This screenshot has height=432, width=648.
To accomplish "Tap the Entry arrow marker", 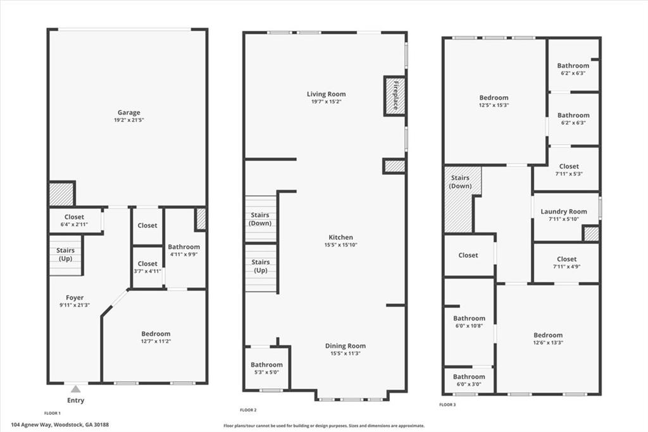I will click(76, 389).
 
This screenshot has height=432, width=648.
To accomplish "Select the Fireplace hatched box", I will click(394, 96).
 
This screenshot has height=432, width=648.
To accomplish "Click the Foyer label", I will click(75, 298).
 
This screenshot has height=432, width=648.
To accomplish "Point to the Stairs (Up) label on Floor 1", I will click(65, 255).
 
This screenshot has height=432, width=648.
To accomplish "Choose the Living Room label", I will click(327, 94).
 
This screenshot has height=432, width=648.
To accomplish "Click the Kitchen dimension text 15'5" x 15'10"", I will click(340, 245).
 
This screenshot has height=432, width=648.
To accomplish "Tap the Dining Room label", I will click(345, 346).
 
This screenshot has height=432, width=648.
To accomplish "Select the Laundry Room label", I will click(564, 212).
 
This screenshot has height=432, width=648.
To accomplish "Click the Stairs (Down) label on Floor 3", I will click(459, 182).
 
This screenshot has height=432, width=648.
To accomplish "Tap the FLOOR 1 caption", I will click(52, 412).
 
